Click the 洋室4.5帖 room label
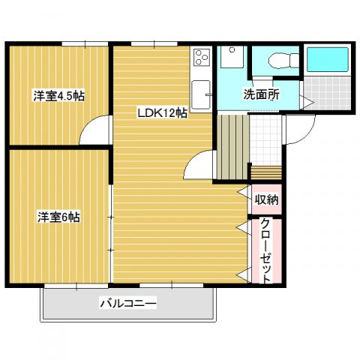coord(58,96)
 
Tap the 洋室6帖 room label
coord(59,217)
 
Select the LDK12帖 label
coord(161,114)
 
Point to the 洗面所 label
coord(260,95)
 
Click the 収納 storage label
coord(266,199)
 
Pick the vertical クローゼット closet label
coord(266,250)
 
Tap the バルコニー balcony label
coord(128,304)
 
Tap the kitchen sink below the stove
coord(202,93)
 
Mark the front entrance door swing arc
coord(295,131)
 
